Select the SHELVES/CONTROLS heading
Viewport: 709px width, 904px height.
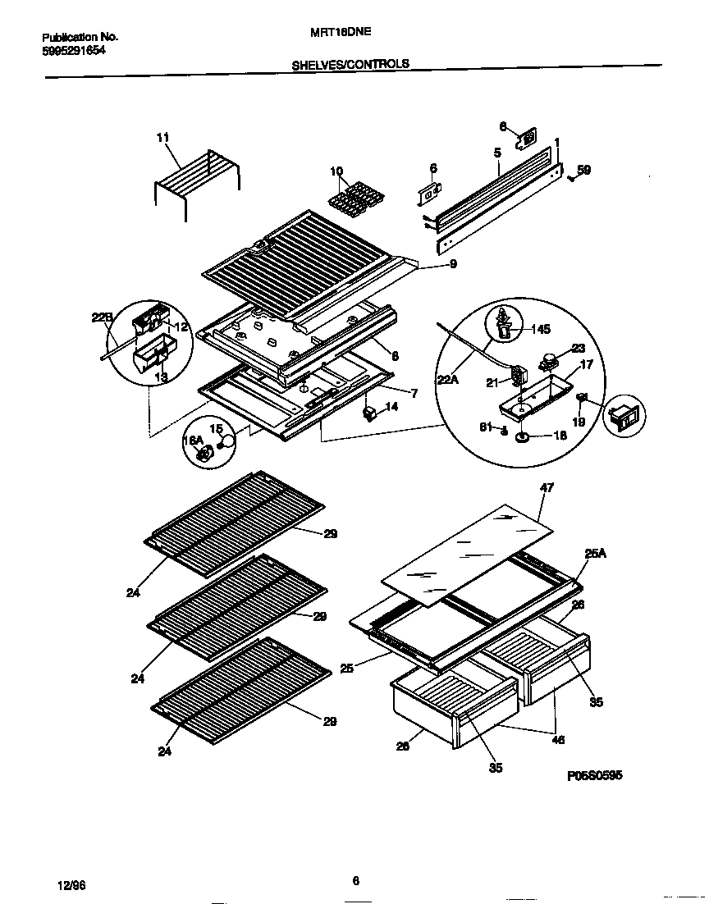[x=350, y=63]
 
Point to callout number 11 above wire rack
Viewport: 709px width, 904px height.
[x=162, y=138]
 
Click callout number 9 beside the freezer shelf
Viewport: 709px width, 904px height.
[x=452, y=264]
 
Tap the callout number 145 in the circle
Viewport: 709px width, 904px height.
[x=540, y=330]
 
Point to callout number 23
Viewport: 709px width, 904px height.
[x=579, y=347]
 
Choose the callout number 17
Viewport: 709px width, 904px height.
[x=586, y=365]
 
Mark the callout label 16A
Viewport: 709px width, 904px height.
[x=191, y=440]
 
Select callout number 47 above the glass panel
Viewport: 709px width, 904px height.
[x=547, y=487]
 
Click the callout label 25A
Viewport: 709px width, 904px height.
[x=594, y=555]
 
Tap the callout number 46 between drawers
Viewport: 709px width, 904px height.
[x=557, y=739]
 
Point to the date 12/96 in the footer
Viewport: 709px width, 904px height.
[x=72, y=887]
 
